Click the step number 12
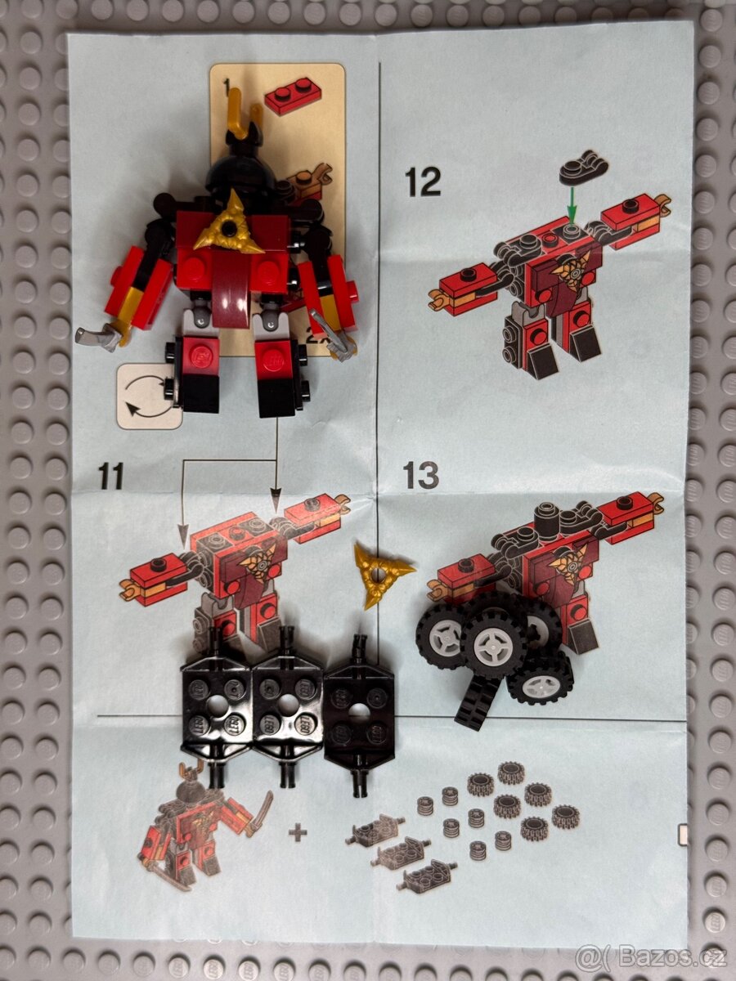[x=423, y=181]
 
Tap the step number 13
[x=421, y=475]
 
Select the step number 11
[x=110, y=475]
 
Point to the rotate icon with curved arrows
[x=149, y=396]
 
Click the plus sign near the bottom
[x=297, y=833]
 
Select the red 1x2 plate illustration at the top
[x=292, y=95]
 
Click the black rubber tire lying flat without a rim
[x=476, y=702]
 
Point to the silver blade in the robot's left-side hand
[x=98, y=335]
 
